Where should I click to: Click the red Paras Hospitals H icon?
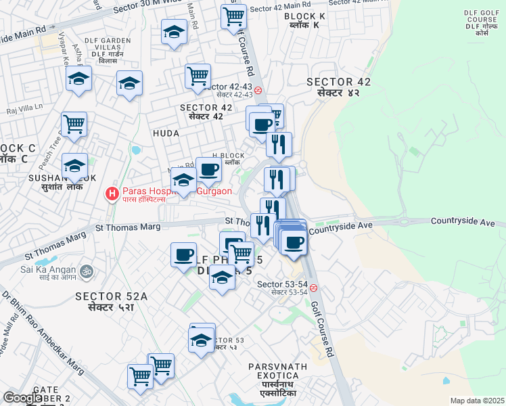click(x=112, y=195)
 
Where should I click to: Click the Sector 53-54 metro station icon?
click(x=313, y=288)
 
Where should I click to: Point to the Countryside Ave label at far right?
click(x=467, y=222)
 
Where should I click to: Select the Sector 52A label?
click(x=111, y=302)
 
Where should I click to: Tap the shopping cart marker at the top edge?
click(x=233, y=16)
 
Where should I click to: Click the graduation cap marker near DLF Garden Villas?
click(x=128, y=83)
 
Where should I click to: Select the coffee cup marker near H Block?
click(x=208, y=171)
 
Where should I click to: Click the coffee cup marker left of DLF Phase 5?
click(x=184, y=255)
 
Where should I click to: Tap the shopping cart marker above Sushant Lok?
click(x=74, y=125)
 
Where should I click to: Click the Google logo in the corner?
click(x=22, y=398)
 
